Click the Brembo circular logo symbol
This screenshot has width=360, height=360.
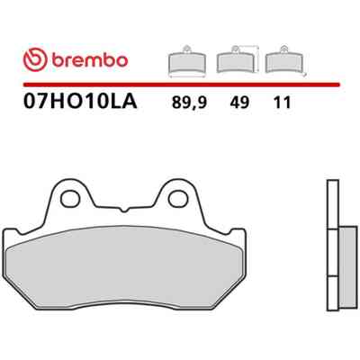35,59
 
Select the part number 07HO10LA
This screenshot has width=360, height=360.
80,102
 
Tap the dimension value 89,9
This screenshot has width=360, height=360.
189,103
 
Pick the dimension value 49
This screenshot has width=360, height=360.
239,103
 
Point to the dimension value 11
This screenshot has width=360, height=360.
283,103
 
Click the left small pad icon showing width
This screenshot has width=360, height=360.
187,61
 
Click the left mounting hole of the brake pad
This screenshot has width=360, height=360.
70,198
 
